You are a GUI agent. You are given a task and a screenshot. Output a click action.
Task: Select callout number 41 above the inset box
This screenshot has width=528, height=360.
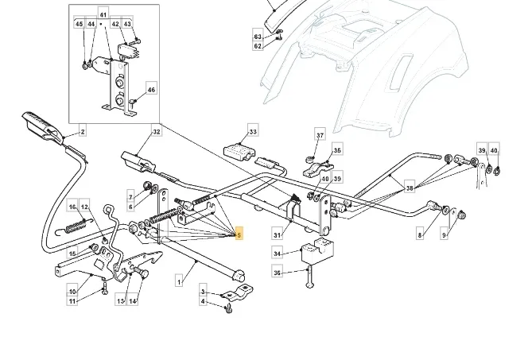(103, 15)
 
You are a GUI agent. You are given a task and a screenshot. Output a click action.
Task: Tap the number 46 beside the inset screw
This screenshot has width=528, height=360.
(152, 90)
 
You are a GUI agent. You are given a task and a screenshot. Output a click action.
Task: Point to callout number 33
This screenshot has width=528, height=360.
(253, 131)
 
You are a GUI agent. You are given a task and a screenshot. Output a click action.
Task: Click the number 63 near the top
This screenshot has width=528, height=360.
(258, 37)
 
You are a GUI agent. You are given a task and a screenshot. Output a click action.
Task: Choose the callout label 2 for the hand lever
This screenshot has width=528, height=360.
(82, 131)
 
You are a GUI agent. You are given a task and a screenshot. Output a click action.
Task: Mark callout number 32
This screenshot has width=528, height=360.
(157, 131)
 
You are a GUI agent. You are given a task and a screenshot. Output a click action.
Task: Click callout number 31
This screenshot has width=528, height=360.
(278, 234)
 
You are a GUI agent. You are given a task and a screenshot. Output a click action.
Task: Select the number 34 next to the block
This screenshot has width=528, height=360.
(278, 254)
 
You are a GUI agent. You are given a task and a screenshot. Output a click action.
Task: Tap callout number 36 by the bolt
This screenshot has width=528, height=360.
(278, 273)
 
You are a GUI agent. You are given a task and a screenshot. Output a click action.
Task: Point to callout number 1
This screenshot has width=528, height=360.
(180, 281)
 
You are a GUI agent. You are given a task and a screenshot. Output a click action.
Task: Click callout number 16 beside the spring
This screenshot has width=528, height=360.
(72, 207)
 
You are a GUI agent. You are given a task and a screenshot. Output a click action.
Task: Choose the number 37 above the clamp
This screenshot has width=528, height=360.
(320, 136)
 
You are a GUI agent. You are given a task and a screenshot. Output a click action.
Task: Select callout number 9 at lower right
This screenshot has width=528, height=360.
(445, 236)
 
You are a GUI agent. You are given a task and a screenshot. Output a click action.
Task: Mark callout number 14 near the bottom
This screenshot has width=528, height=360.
(133, 300)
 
